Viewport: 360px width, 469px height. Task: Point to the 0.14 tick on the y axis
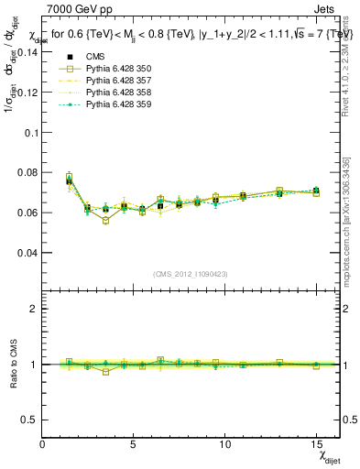(28, 51)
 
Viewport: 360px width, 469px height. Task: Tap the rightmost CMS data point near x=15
(316, 191)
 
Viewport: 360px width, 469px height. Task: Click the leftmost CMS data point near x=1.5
(70, 180)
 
